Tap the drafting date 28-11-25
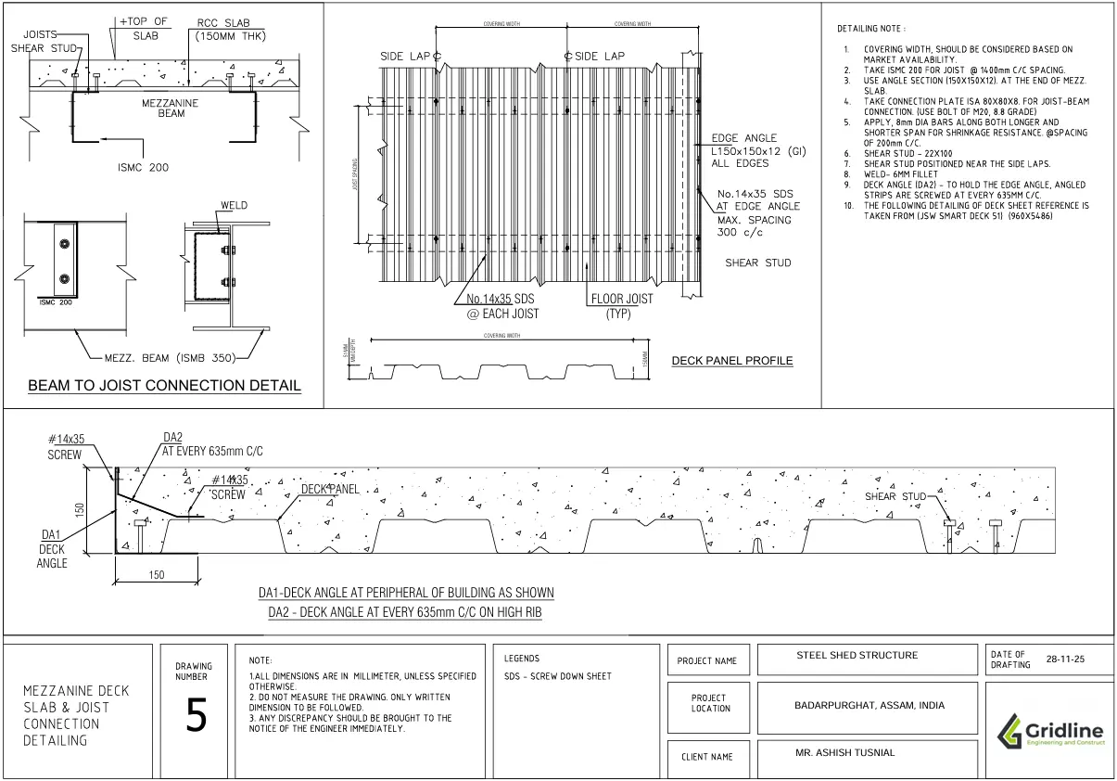coord(1065,660)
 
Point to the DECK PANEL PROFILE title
coord(732,361)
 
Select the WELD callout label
coord(233,205)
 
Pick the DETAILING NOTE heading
coord(871,31)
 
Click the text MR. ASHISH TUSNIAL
coord(845,752)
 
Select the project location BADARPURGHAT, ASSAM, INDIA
coord(869,705)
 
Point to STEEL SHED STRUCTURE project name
coord(857,656)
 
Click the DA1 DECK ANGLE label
coord(54,548)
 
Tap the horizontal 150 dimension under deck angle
coord(157,575)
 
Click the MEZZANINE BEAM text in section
coord(169,109)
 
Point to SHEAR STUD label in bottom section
coord(895,497)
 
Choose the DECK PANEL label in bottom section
coord(329,489)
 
